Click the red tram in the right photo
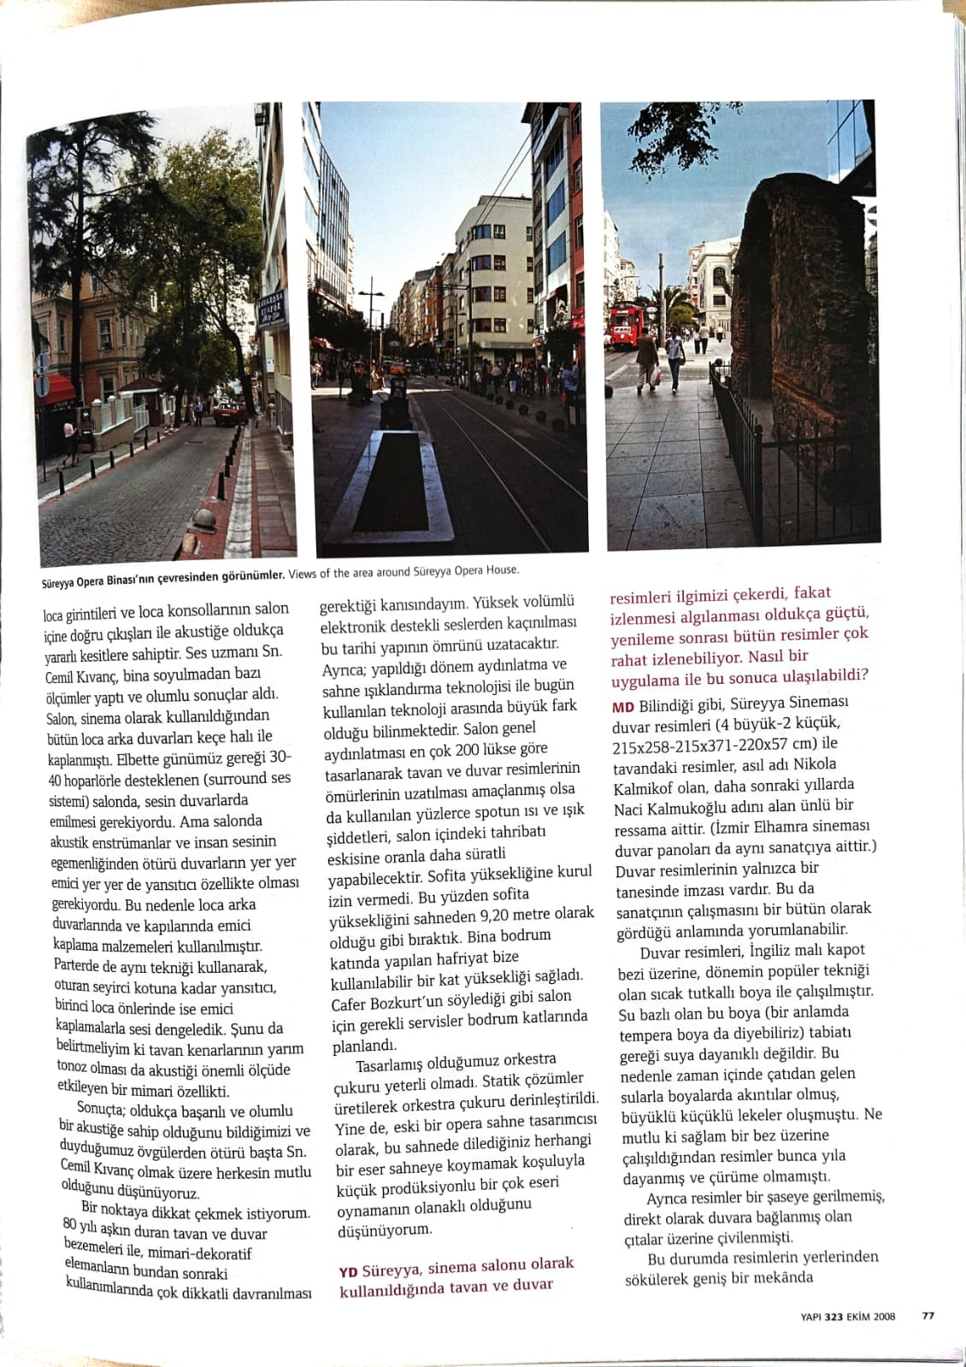click(x=625, y=326)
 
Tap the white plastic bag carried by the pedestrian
click(x=656, y=374)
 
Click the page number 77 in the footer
click(x=928, y=1316)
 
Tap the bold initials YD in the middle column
click(x=347, y=1271)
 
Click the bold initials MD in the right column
click(x=622, y=707)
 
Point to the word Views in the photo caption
click(x=302, y=573)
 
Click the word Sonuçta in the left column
click(x=101, y=1109)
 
